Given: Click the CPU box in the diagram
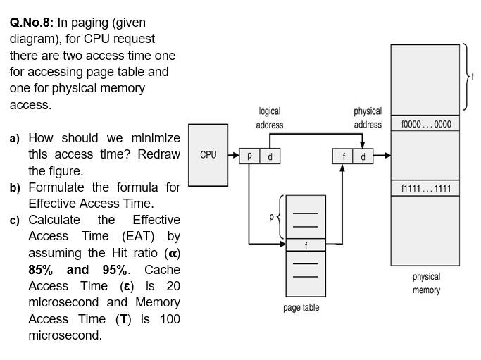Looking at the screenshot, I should (x=208, y=153).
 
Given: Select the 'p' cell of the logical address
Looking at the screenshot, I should (x=250, y=156).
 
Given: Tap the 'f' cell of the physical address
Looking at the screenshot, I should (x=343, y=156).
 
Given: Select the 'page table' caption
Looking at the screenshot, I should (x=301, y=308).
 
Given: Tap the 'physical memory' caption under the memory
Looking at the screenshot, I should (x=425, y=283).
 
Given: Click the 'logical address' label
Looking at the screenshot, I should (x=270, y=118).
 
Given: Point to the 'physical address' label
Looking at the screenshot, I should (x=368, y=118).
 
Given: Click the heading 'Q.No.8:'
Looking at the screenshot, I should (x=34, y=23).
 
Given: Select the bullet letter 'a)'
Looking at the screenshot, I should (x=15, y=138).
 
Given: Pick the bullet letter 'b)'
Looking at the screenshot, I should (x=15, y=187).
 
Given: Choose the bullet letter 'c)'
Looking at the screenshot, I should (x=15, y=221).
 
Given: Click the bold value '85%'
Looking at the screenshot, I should (x=42, y=270).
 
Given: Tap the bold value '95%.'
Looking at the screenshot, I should (x=121, y=270).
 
